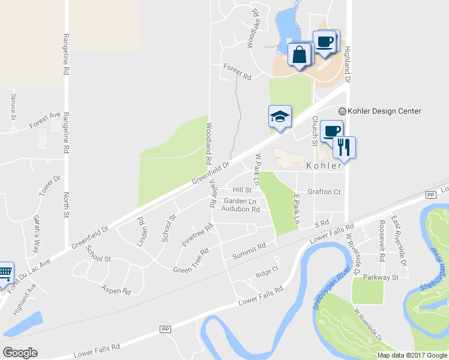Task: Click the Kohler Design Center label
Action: point(384,111)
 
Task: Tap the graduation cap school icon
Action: point(280,116)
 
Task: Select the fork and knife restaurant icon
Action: point(344,146)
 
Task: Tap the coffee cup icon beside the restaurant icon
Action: point(331,130)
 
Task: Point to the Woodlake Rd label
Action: point(255,28)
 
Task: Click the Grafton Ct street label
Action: point(324,192)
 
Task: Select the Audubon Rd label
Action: point(240,209)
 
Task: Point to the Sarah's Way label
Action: point(37,233)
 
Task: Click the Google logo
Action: point(20,353)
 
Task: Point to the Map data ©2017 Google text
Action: point(411,355)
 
